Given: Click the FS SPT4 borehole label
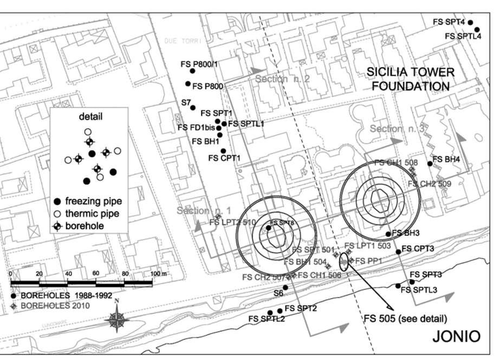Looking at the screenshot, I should pos(449,22).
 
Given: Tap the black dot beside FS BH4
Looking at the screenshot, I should pos(430,163).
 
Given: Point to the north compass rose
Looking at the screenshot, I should pos(118,318).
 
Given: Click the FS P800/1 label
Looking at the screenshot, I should pos(199,63).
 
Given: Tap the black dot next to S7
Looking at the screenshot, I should pos(193,107).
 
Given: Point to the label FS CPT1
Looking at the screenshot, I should pos(224,158).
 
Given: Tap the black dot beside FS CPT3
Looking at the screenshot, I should pos(398,251).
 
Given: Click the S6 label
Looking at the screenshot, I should pos(278,293).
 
